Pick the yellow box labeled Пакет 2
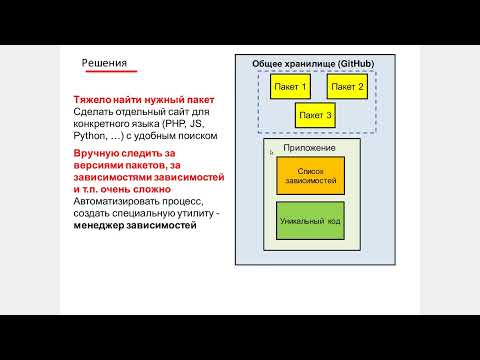(x=347, y=87)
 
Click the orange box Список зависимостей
(x=309, y=175)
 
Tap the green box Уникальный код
(x=309, y=219)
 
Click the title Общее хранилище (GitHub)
(x=312, y=63)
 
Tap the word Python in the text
(x=90, y=135)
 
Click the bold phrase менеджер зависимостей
(x=135, y=225)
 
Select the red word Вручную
(x=97, y=153)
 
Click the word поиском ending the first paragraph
(x=196, y=135)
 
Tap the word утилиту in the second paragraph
(x=193, y=213)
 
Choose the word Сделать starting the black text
(x=92, y=112)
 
